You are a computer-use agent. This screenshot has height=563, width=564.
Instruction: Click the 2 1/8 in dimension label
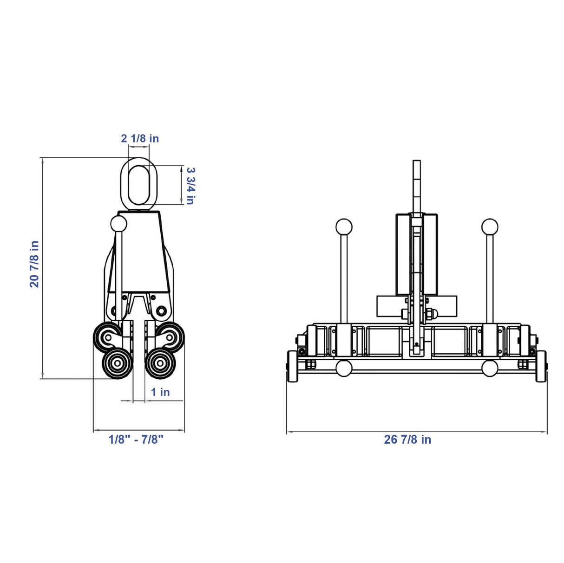coord(140,138)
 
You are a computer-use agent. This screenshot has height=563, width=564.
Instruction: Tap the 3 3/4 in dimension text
coord(190,186)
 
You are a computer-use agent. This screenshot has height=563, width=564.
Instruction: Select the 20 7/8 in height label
coord(34,264)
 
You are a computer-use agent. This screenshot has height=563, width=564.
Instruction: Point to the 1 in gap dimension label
coord(160,392)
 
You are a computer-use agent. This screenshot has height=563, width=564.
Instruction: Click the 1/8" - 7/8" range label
coord(136,439)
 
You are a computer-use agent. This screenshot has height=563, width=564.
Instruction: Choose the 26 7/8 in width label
coord(407,439)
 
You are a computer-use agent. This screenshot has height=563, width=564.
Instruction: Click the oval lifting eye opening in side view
coord(139,185)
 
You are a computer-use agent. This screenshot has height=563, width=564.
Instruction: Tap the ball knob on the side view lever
coord(118,224)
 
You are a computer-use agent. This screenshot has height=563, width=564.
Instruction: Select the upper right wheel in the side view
coord(171,337)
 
